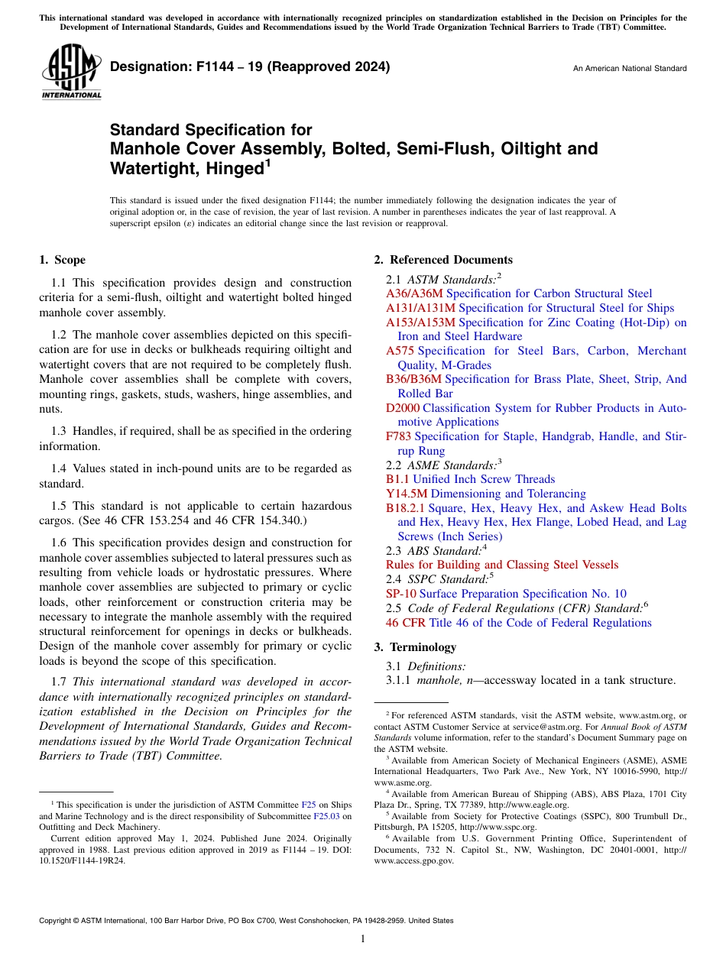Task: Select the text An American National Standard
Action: pos(630,69)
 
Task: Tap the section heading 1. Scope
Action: pos(62,260)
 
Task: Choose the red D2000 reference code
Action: pos(403,408)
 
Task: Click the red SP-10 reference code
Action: pos(401,594)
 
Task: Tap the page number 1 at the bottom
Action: pos(363,939)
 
